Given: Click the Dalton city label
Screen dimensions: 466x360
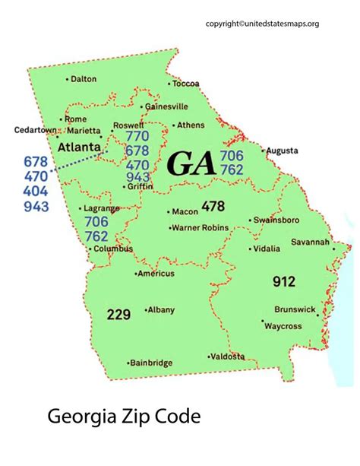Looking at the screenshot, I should pos(84,78).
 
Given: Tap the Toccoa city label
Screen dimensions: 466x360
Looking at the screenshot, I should pos(185,83).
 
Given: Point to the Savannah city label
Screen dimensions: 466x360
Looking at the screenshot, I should pos(310,243).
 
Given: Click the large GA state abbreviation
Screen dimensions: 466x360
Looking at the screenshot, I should pos(191,163).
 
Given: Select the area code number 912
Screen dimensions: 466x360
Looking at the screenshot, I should pos(283,282).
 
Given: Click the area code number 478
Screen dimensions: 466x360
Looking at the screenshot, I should pos(213,205).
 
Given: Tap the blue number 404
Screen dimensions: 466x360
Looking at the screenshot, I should pos(36,191).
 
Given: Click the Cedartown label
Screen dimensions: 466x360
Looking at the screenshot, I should pos(36,130).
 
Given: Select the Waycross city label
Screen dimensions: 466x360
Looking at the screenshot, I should pos(283,326).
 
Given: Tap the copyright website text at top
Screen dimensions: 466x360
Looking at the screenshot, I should pos(273,24).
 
